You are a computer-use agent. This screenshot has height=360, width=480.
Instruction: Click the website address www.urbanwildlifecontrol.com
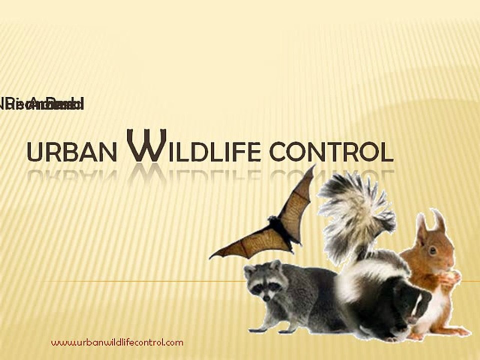(x=117, y=342)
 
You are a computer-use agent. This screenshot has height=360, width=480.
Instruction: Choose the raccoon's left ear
(x=249, y=271)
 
